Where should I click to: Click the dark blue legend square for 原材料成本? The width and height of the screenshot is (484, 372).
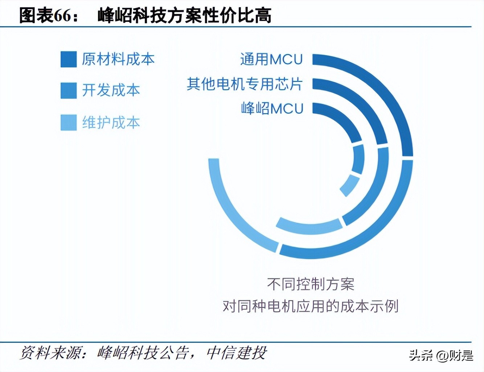click(x=69, y=59)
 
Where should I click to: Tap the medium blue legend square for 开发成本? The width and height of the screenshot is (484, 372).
click(x=69, y=90)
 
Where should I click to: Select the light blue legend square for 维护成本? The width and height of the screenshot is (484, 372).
click(x=69, y=123)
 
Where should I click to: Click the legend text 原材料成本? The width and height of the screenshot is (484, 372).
click(x=118, y=59)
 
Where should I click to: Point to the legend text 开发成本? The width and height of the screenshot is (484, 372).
click(x=111, y=90)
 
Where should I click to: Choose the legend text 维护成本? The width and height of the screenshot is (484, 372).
click(x=111, y=123)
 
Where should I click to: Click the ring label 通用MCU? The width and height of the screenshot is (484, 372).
click(x=271, y=59)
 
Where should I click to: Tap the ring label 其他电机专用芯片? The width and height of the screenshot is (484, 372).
click(x=245, y=84)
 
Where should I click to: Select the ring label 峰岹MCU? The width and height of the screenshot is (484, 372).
click(x=272, y=108)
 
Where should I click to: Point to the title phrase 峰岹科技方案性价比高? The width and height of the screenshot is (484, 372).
click(x=184, y=16)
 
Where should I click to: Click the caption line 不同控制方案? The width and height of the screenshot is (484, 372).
click(x=311, y=284)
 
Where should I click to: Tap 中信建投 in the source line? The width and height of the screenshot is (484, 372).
click(x=236, y=353)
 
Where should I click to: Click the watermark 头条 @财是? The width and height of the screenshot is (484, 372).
click(x=441, y=355)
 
